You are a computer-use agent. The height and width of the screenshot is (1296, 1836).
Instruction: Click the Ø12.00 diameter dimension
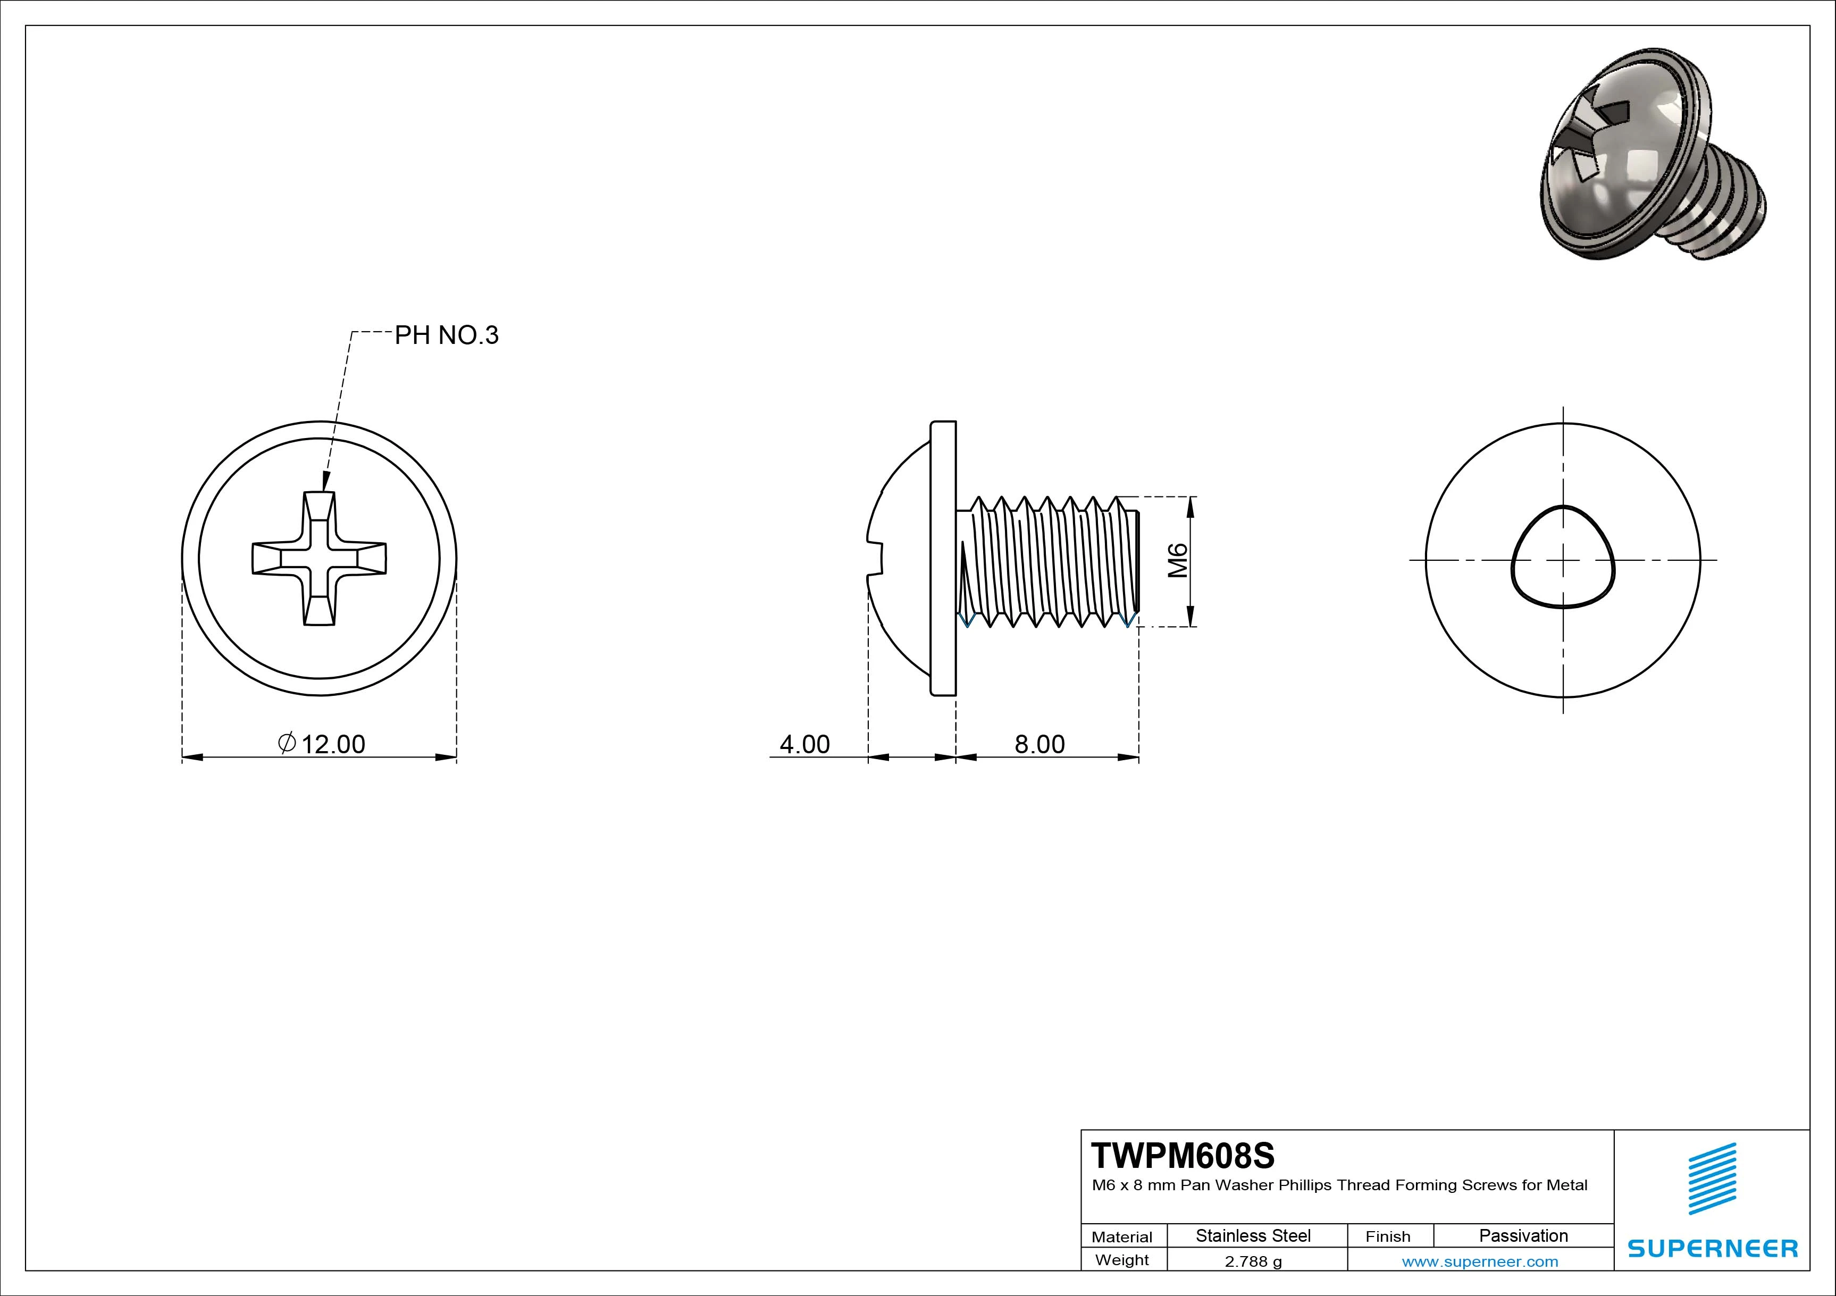click(x=322, y=744)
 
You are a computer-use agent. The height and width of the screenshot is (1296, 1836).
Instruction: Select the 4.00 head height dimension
click(x=804, y=744)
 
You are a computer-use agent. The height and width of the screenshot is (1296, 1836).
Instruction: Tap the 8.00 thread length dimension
click(x=1039, y=744)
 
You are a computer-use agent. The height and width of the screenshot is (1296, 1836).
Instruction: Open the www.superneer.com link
click(x=1479, y=1261)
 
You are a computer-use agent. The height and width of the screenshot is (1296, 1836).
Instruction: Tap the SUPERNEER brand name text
click(x=1713, y=1248)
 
